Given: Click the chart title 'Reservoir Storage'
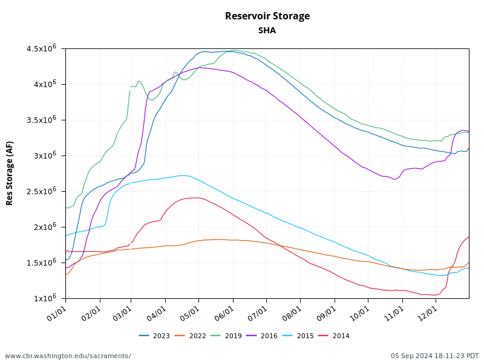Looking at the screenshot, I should pos(267,16).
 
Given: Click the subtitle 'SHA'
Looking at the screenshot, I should pos(267,30).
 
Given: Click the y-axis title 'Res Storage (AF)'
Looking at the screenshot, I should pos(10,173).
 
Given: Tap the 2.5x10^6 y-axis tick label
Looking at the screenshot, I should pos(44,191).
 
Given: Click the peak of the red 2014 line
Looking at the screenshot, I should pos(195,198).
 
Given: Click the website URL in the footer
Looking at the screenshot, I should pos(68,356).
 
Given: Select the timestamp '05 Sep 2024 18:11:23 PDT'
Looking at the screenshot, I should pos(434,356).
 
